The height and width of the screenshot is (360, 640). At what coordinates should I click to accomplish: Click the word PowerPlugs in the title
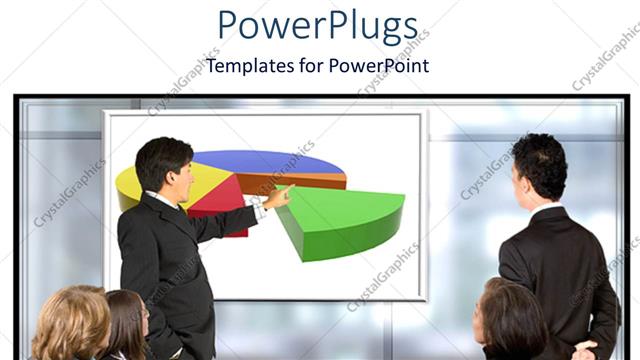(318, 27)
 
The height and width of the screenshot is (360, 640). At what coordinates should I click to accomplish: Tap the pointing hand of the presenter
(279, 195)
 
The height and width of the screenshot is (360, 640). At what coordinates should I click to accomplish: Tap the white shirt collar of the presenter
(164, 200)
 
